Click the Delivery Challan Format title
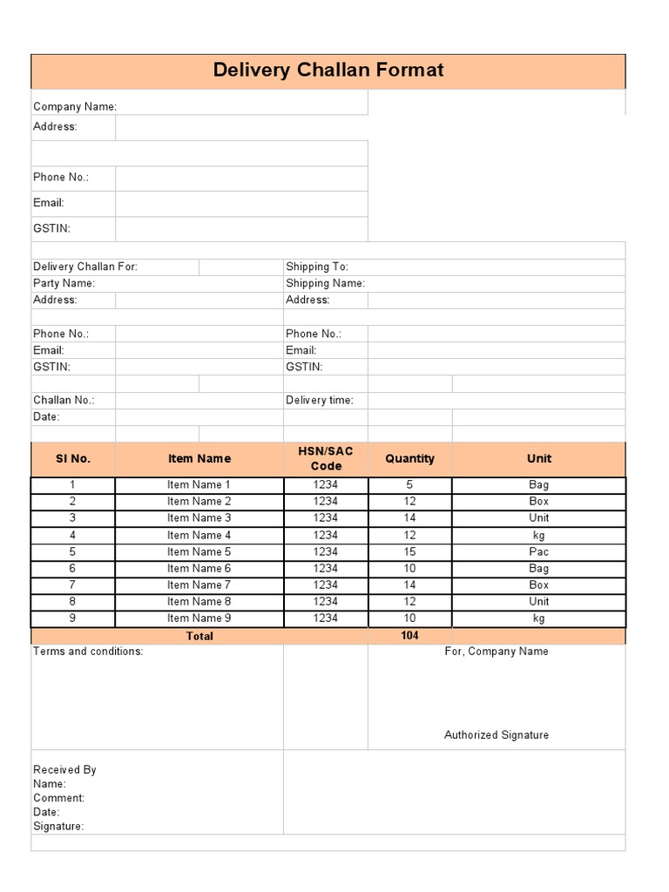(x=328, y=71)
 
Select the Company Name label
(x=75, y=107)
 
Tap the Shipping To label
(x=316, y=267)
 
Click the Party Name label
(x=64, y=283)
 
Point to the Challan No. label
(x=64, y=401)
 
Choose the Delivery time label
(x=320, y=401)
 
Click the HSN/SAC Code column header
(x=326, y=458)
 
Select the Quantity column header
(x=409, y=458)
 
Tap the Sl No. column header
(x=73, y=458)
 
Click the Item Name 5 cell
(x=199, y=551)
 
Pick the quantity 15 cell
(x=409, y=551)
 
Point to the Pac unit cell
(x=538, y=551)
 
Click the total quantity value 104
(x=409, y=636)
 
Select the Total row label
(x=199, y=637)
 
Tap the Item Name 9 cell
(x=199, y=618)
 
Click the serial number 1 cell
(x=73, y=484)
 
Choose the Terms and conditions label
(x=88, y=652)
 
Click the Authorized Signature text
(x=497, y=735)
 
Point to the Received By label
(x=64, y=770)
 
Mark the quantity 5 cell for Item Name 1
(x=409, y=484)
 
